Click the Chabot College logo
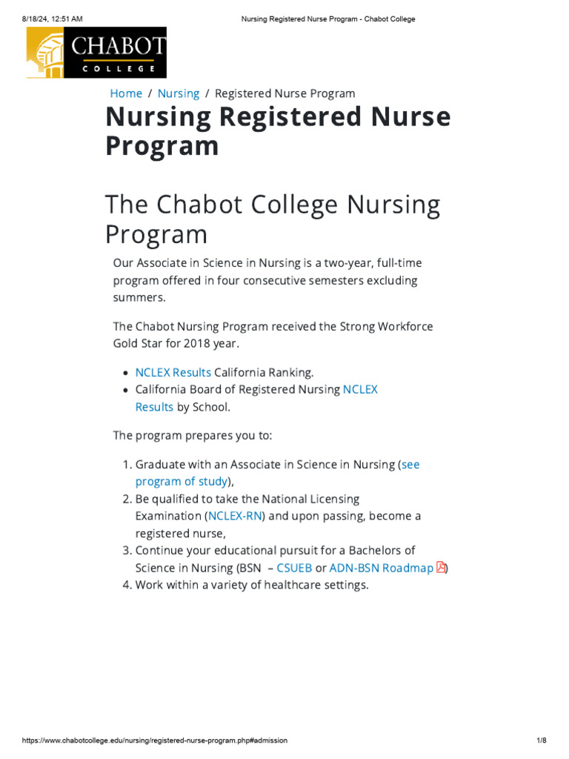(96, 53)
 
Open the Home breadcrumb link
(126, 93)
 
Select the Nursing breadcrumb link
(179, 93)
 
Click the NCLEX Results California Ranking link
(173, 372)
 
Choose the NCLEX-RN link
(235, 516)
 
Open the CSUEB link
(294, 568)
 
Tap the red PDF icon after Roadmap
(442, 568)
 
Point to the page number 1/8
(541, 740)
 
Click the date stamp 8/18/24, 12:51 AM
(52, 19)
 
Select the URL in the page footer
(155, 740)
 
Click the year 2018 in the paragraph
(190, 343)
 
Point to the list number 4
(125, 585)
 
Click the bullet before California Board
(124, 390)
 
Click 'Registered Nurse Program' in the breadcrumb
(284, 93)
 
